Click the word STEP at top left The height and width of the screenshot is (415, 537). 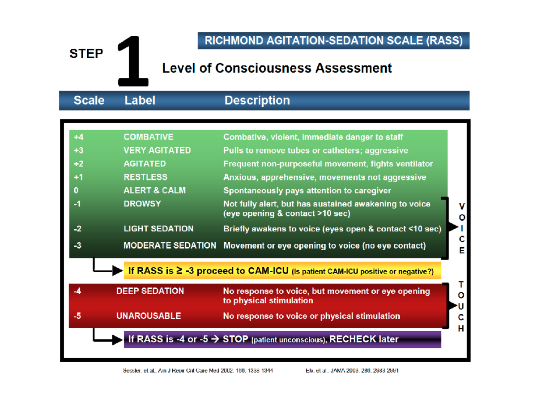[x=86, y=54]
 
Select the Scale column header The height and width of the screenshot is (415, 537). [x=89, y=101]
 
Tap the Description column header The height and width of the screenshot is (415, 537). [x=257, y=101]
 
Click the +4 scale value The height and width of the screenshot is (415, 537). [x=79, y=137]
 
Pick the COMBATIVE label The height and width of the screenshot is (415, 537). [x=148, y=137]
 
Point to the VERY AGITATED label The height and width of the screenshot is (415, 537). [x=157, y=150]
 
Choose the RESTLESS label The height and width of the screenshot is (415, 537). [x=145, y=177]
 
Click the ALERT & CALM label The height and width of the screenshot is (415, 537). [x=154, y=191]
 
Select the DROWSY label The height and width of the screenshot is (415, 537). [x=142, y=204]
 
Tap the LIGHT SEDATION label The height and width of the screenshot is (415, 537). [x=158, y=229]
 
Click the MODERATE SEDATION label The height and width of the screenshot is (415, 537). [x=170, y=246]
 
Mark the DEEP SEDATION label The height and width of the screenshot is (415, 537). [x=150, y=291]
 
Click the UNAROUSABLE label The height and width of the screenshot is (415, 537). [x=149, y=316]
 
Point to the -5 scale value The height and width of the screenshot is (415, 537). [x=78, y=316]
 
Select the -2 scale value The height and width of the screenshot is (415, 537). [x=78, y=229]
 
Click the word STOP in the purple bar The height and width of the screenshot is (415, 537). [x=235, y=339]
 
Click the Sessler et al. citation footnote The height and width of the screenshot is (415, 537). [x=197, y=371]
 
